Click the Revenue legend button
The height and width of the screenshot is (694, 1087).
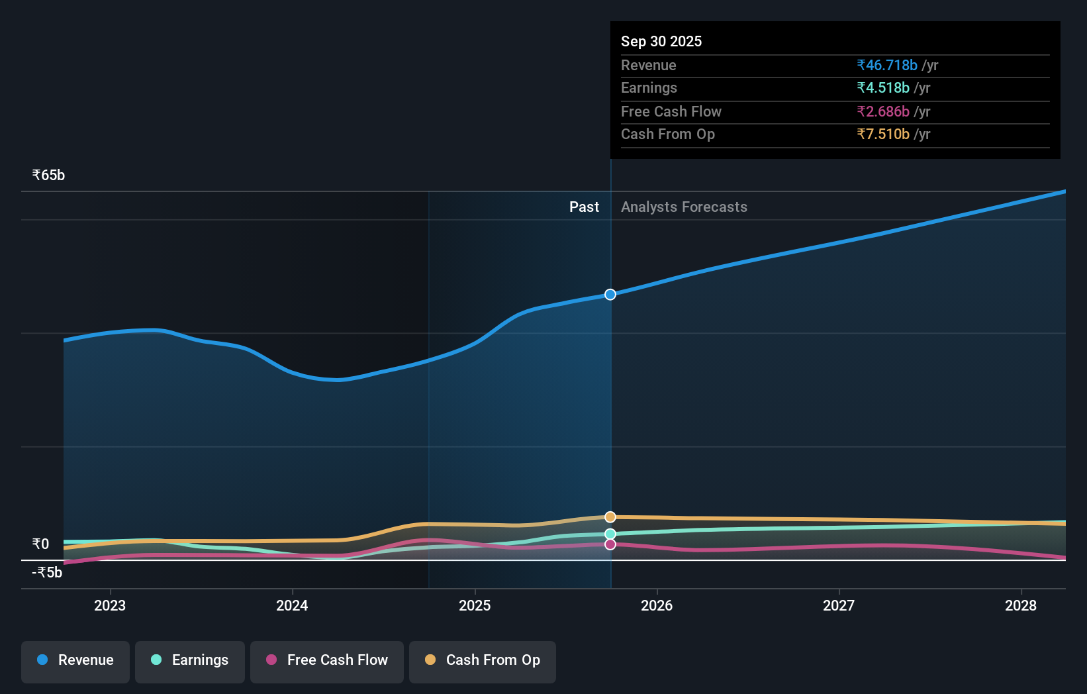click(75, 661)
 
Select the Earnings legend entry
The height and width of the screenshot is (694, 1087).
click(190, 661)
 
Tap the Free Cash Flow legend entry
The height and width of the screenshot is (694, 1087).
click(327, 661)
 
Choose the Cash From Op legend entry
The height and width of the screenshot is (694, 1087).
click(483, 661)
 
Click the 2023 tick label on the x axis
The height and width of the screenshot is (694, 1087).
click(110, 605)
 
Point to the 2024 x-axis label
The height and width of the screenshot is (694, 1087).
click(292, 605)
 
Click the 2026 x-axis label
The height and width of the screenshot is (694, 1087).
click(657, 605)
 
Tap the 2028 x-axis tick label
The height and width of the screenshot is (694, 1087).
click(1021, 605)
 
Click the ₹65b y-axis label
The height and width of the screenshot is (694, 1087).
click(49, 175)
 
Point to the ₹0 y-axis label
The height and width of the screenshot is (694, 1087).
click(41, 544)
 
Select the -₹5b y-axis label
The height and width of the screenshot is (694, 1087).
click(47, 573)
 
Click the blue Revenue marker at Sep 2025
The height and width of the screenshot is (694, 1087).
click(610, 294)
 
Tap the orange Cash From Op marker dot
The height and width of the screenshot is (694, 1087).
click(610, 517)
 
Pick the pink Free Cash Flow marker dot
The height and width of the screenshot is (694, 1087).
click(610, 544)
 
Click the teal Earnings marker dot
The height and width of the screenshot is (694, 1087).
click(610, 534)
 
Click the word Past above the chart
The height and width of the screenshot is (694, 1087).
click(584, 207)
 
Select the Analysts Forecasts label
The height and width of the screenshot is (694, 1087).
click(684, 207)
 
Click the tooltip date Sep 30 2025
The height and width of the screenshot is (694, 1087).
click(661, 42)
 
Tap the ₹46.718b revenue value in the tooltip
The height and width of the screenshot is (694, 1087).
click(887, 66)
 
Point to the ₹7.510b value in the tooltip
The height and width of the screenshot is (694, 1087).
click(883, 134)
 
